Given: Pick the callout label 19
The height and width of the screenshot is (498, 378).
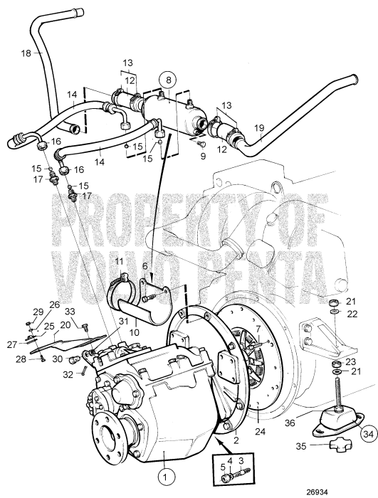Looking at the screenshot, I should click(260, 129).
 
